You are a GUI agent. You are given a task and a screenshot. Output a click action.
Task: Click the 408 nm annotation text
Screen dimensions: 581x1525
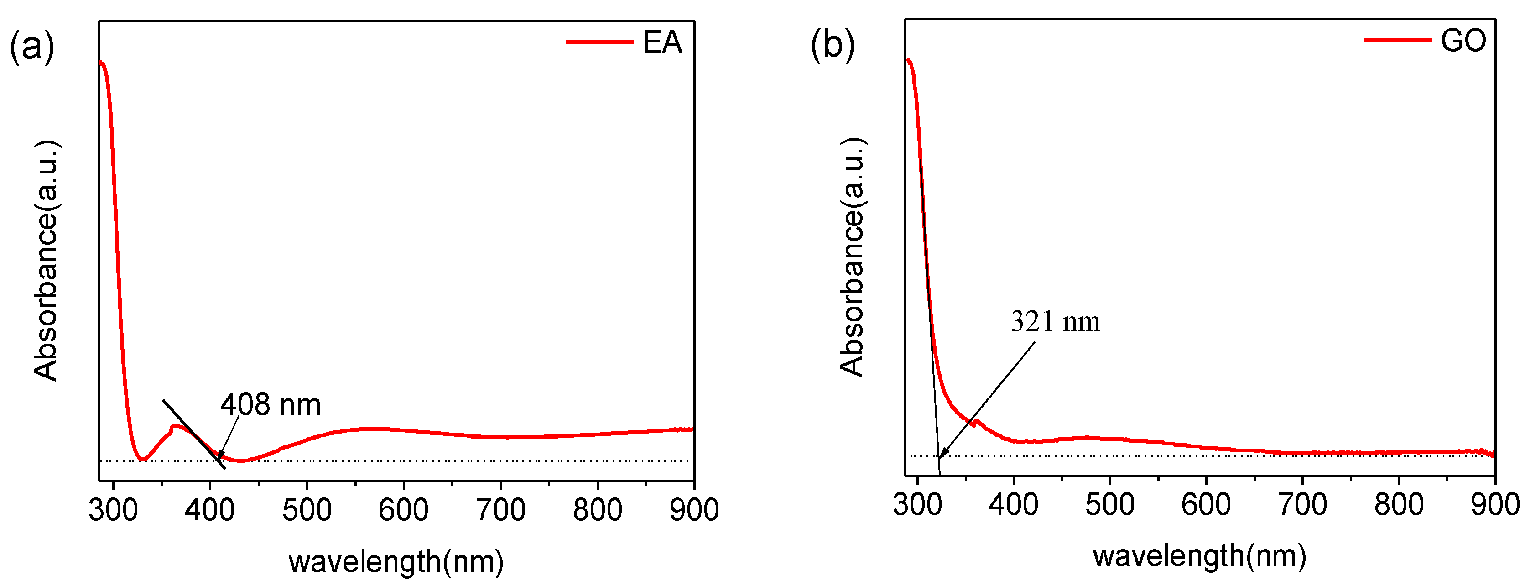[271, 405]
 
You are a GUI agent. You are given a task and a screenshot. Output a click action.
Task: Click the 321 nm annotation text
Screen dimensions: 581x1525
[1055, 322]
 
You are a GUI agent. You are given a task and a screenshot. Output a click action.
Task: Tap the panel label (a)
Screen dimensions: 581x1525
[31, 46]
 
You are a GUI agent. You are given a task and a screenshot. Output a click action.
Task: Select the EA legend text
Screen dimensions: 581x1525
[662, 42]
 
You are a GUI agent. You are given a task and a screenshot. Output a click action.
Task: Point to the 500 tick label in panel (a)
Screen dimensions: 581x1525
[307, 510]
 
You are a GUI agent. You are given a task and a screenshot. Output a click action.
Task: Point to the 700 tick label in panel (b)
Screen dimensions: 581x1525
[1302, 505]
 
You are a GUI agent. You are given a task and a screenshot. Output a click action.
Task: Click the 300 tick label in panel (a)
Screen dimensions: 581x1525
[114, 510]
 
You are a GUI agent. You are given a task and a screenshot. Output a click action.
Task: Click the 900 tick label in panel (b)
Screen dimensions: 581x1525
[1494, 505]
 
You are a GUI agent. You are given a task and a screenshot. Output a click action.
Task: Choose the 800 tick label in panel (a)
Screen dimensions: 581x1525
[597, 510]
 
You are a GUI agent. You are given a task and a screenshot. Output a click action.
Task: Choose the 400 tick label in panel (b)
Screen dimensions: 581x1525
[1014, 505]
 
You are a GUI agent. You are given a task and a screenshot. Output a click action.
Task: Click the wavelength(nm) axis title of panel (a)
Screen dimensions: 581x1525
[396, 561]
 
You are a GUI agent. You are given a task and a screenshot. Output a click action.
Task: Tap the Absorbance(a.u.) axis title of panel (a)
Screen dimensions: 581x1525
[46, 261]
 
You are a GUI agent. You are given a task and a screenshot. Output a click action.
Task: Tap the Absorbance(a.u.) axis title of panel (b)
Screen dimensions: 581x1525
[853, 257]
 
